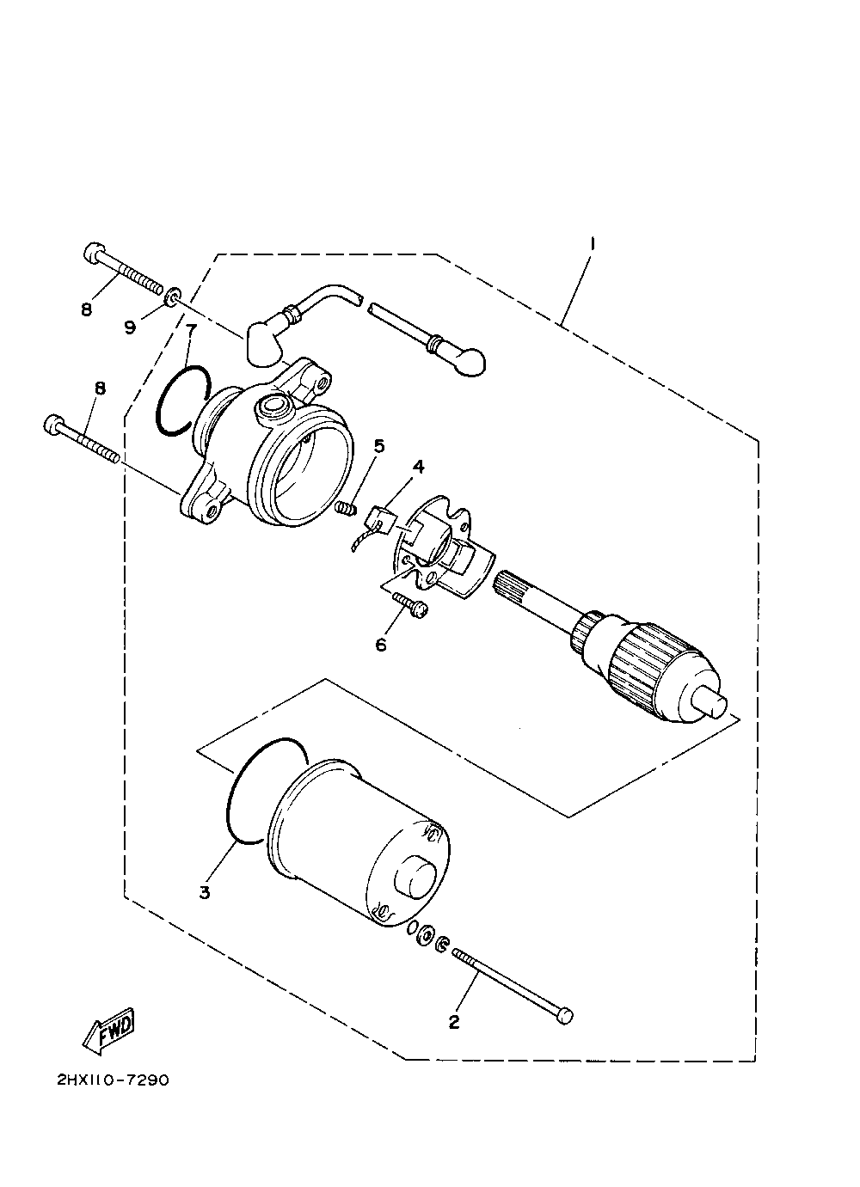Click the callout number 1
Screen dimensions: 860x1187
[593, 244]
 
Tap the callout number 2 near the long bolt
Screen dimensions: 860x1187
[454, 1022]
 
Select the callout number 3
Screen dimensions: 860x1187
[205, 892]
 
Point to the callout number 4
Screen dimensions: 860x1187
[418, 467]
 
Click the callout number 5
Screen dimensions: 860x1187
[378, 446]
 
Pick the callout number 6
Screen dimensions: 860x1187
[381, 645]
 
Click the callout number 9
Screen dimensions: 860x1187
[130, 327]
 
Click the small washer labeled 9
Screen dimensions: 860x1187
[174, 296]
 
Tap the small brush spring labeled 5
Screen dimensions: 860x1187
[345, 509]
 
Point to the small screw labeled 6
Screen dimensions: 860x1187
[411, 605]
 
